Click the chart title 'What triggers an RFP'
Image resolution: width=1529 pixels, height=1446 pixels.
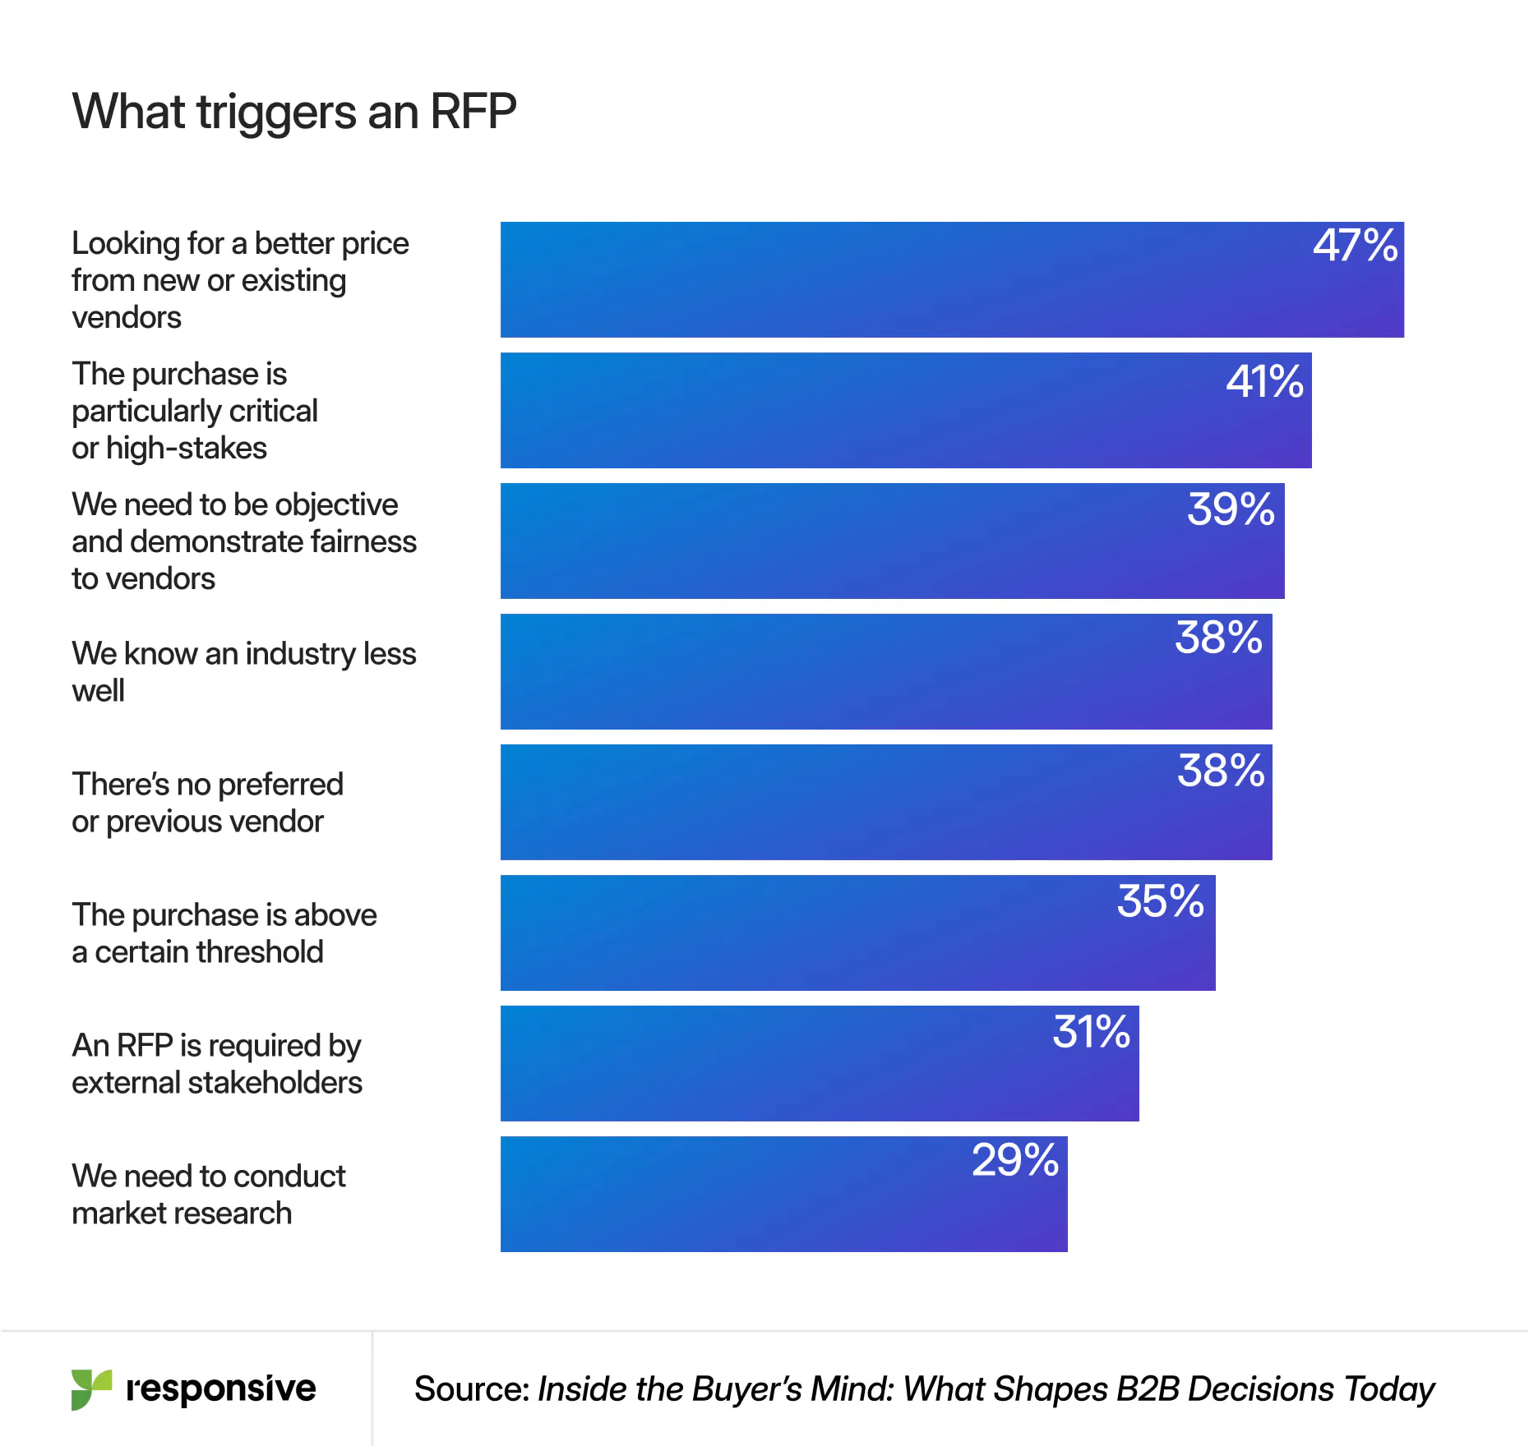click(294, 112)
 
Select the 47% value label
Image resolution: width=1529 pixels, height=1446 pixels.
click(1355, 246)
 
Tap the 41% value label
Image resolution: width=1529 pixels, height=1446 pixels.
click(1264, 382)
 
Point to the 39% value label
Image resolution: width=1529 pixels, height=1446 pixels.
click(1231, 509)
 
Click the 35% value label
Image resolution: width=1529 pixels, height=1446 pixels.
click(1160, 901)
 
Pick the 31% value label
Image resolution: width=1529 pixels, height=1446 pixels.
click(1091, 1032)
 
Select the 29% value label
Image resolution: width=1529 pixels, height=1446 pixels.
click(1015, 1160)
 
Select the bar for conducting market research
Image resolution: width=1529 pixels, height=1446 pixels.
click(740, 1195)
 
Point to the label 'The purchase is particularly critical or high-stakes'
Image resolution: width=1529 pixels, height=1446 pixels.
click(195, 411)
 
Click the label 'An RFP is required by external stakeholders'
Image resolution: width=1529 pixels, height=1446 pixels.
click(217, 1064)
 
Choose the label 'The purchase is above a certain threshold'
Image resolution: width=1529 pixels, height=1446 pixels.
click(224, 933)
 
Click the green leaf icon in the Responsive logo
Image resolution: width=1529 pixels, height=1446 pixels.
click(90, 1389)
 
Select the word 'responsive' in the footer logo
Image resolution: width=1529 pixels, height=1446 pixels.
click(220, 1388)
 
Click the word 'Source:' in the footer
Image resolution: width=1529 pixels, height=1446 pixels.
click(472, 1389)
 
